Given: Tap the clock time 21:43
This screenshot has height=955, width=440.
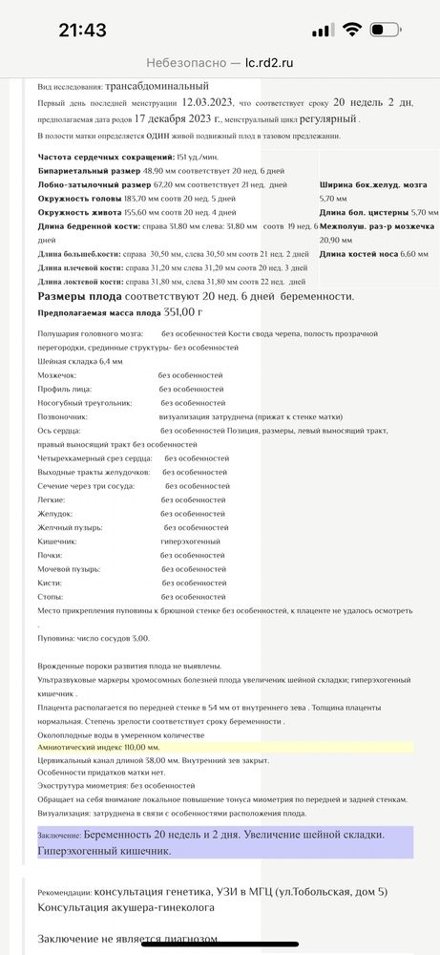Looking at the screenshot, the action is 82,30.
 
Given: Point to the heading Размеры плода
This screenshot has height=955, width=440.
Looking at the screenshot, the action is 77,296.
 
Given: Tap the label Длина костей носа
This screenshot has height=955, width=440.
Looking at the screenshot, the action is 358,254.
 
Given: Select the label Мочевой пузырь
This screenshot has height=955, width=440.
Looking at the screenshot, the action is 70,568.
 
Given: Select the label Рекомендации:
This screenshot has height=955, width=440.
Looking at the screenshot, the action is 70,893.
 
